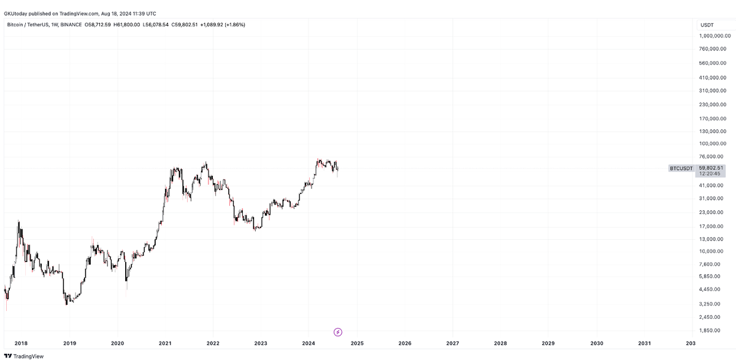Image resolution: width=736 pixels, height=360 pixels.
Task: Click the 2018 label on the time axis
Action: [x=22, y=343]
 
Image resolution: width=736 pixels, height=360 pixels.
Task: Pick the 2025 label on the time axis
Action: [x=357, y=343]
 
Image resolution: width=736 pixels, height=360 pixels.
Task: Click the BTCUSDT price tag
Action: [x=681, y=168]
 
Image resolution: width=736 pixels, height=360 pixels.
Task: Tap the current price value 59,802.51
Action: [x=711, y=167]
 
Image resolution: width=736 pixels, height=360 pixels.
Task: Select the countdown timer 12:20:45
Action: [x=709, y=174]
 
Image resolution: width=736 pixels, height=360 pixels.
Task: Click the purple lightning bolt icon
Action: [x=338, y=332]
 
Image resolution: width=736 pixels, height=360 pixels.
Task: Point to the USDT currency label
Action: [x=707, y=25]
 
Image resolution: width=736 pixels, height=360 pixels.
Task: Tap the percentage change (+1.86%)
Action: [x=235, y=25]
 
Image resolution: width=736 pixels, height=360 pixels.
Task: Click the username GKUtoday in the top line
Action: [x=17, y=13]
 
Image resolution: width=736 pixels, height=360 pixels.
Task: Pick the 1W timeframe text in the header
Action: [x=55, y=25]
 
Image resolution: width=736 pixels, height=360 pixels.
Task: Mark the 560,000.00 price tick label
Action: [x=714, y=63]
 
